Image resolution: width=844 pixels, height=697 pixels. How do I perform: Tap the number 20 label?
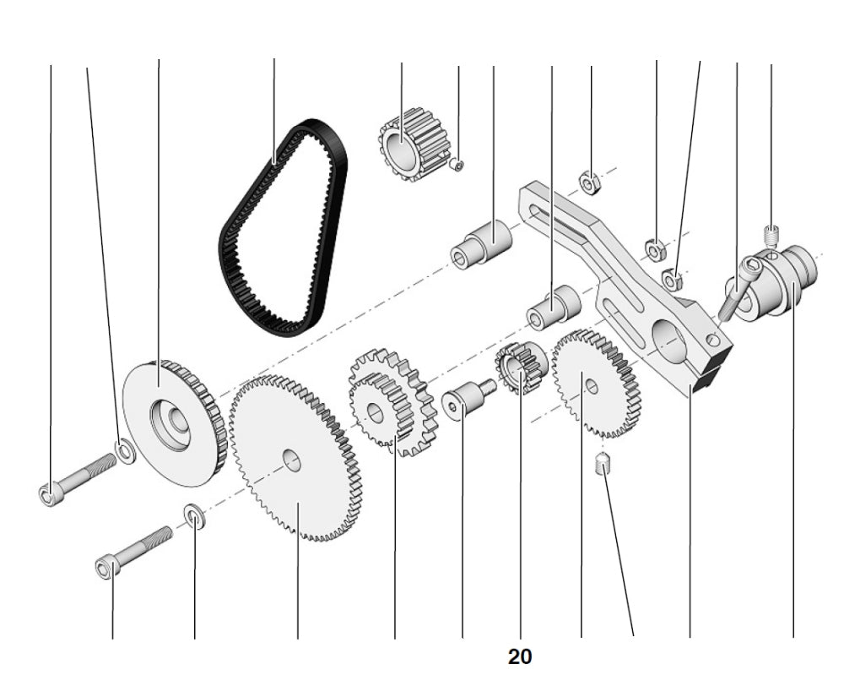520,656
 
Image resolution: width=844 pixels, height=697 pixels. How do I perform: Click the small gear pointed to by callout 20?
522,368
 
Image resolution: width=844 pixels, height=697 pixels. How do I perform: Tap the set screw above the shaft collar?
771,231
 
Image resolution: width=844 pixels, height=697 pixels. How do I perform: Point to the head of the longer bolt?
49,493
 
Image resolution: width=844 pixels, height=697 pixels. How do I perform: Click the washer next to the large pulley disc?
125,451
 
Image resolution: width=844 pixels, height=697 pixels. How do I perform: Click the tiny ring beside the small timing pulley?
457,165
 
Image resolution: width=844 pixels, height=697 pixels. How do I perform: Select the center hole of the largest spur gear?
291,460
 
